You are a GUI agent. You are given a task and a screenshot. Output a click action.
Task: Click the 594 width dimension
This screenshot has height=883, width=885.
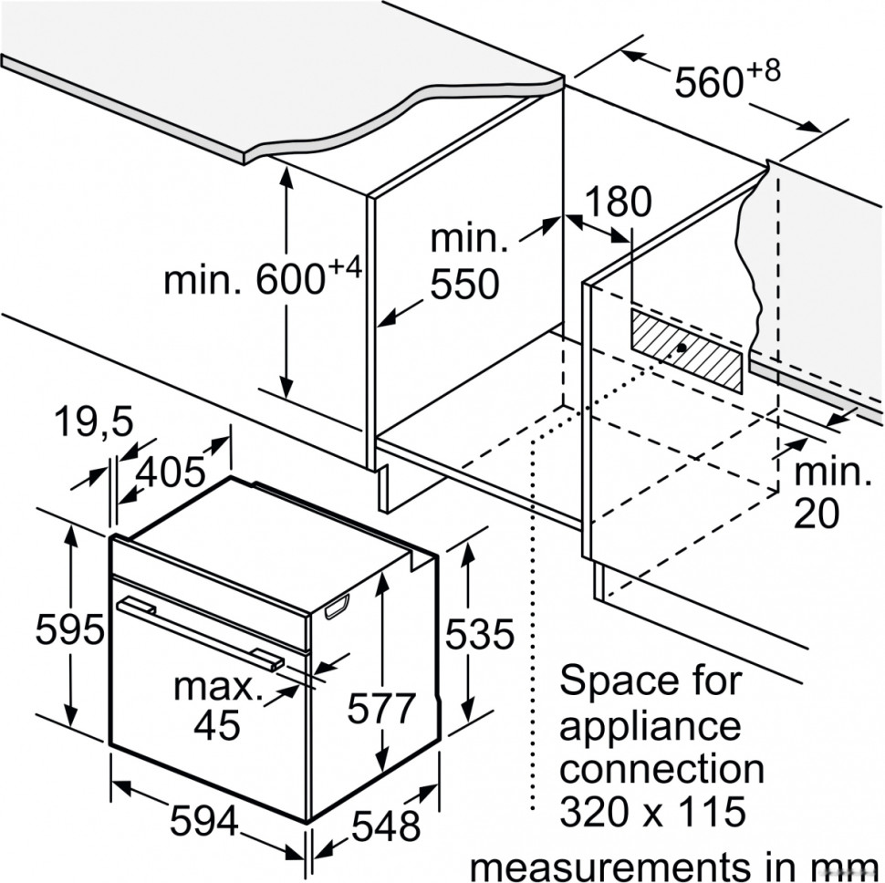point(203,821)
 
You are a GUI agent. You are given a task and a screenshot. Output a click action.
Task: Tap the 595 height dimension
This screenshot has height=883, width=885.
point(70,628)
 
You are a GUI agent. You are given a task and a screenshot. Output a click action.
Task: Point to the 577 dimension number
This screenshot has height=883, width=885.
point(381,708)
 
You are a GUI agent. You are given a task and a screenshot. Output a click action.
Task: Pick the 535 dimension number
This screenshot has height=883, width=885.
point(480,634)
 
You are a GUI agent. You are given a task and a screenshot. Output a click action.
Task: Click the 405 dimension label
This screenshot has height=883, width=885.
point(171,472)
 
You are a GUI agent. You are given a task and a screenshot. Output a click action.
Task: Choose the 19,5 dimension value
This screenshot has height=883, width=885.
point(94,421)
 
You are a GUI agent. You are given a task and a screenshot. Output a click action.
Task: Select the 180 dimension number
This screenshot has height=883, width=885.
point(618,201)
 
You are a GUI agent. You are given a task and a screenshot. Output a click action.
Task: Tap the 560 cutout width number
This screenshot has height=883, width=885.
point(709,82)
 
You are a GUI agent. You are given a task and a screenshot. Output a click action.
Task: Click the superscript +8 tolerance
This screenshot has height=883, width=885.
point(764,70)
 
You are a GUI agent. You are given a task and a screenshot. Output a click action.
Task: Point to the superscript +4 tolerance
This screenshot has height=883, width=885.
point(344,267)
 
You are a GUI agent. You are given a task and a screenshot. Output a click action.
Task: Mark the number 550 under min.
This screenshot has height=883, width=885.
point(464,284)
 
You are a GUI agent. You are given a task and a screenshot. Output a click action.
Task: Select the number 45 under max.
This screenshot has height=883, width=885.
point(217,724)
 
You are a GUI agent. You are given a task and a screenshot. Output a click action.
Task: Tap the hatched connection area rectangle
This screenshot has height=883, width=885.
point(686,350)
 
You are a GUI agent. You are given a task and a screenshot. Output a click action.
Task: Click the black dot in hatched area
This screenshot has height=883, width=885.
point(682,348)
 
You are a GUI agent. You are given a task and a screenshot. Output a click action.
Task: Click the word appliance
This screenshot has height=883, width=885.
point(650,726)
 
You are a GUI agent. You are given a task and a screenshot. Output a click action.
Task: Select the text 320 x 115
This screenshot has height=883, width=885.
point(652,812)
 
